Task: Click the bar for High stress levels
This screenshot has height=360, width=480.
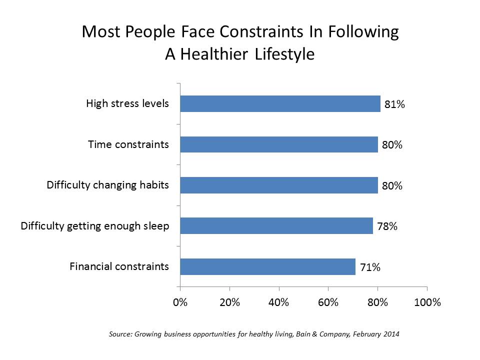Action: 280,104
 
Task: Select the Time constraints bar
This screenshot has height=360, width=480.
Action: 279,144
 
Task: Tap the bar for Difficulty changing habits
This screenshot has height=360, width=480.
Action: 279,185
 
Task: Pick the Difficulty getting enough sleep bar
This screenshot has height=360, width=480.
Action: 276,226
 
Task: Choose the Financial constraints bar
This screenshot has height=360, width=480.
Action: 267,266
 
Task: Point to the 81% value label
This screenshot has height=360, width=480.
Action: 394,105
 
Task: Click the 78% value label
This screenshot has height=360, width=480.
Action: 387,226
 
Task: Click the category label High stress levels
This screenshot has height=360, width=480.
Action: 127,104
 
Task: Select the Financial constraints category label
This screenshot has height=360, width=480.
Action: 119,266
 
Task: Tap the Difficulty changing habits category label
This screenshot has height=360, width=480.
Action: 108,185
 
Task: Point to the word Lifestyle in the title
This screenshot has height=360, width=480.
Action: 283,53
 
